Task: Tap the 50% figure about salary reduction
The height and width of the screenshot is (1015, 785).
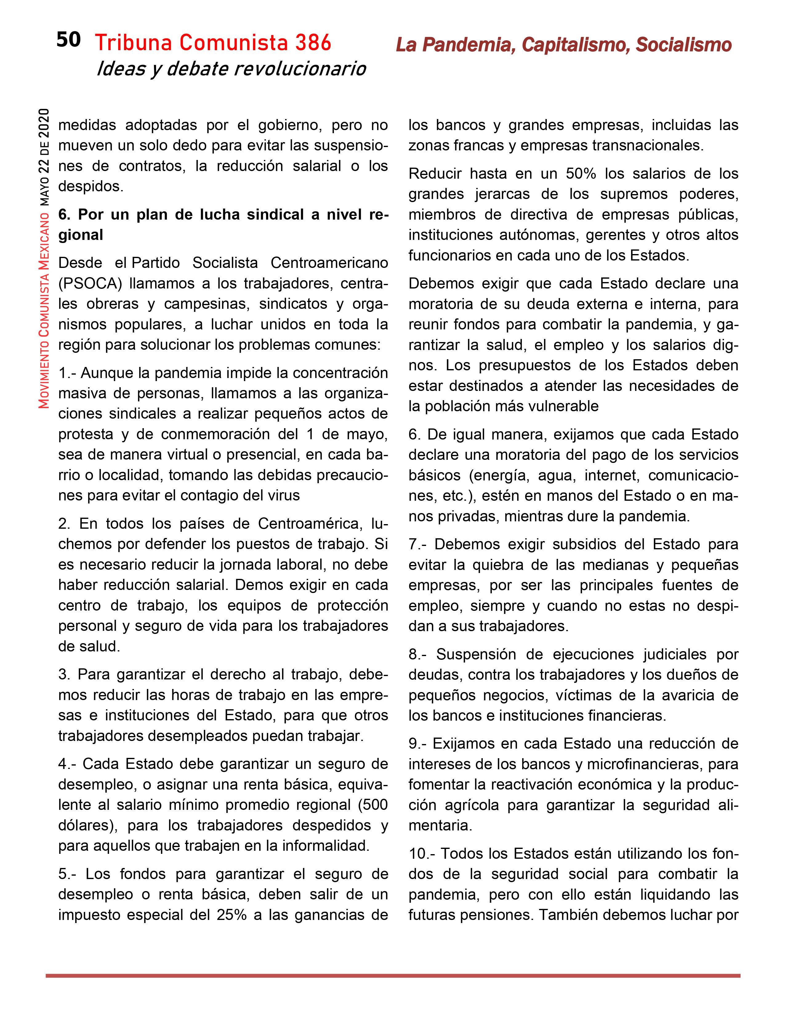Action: point(580,174)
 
